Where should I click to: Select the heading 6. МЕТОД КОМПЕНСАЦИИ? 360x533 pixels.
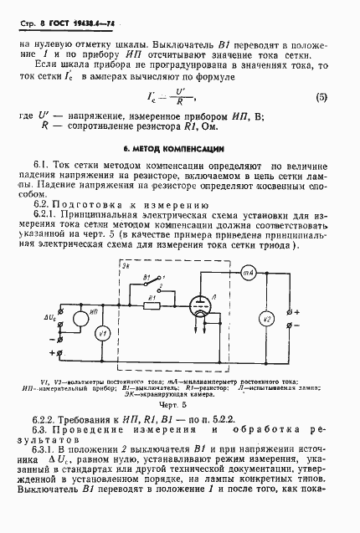coord(178,146)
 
